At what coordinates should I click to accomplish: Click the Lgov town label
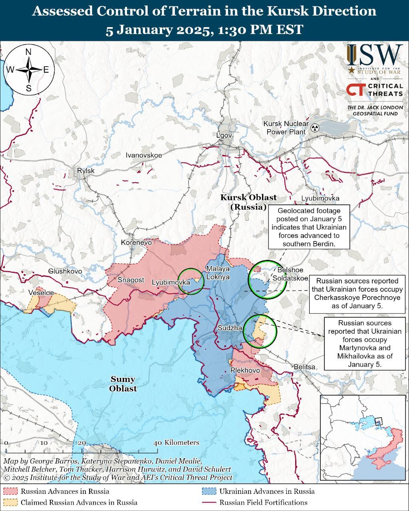(x=224, y=135)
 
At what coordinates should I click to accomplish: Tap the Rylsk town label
(x=86, y=171)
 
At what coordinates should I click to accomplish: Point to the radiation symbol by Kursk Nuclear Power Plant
(x=315, y=128)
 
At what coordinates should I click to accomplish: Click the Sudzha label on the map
(x=230, y=328)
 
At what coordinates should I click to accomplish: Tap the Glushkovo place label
(x=65, y=271)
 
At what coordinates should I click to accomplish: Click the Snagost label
(x=131, y=280)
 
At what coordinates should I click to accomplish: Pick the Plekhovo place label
(x=245, y=370)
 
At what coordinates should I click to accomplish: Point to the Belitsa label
(x=304, y=366)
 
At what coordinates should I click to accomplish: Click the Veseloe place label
(x=41, y=293)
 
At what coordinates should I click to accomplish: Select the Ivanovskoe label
(x=144, y=155)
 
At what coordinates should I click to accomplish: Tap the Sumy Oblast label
(x=123, y=384)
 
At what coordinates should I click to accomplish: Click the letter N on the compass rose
(x=28, y=52)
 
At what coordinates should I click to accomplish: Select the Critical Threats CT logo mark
(x=355, y=90)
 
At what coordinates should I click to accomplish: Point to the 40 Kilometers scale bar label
(x=176, y=443)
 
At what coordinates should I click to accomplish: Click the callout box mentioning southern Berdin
(x=309, y=227)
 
